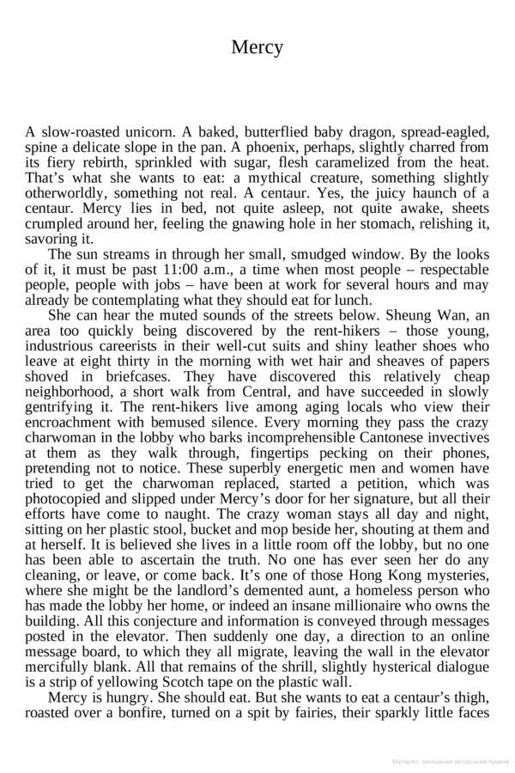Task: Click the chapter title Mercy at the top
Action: click(x=257, y=48)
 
